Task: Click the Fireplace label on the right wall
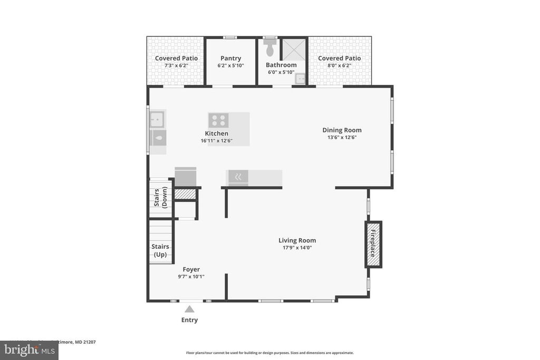click(x=373, y=244)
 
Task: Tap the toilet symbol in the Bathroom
click(x=270, y=48)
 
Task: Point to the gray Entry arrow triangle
click(x=189, y=309)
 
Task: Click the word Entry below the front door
click(x=189, y=320)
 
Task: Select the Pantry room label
click(x=230, y=58)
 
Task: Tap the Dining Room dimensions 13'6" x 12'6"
click(x=342, y=138)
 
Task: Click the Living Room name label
click(x=297, y=240)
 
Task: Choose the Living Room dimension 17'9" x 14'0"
click(x=297, y=248)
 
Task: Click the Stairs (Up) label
click(x=160, y=250)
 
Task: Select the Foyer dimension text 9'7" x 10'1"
click(x=190, y=277)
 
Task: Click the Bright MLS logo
click(x=29, y=350)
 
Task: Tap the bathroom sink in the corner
click(x=300, y=79)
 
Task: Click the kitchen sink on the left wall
click(x=157, y=120)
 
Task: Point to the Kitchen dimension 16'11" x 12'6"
click(x=216, y=141)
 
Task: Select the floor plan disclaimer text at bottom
click(x=269, y=353)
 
